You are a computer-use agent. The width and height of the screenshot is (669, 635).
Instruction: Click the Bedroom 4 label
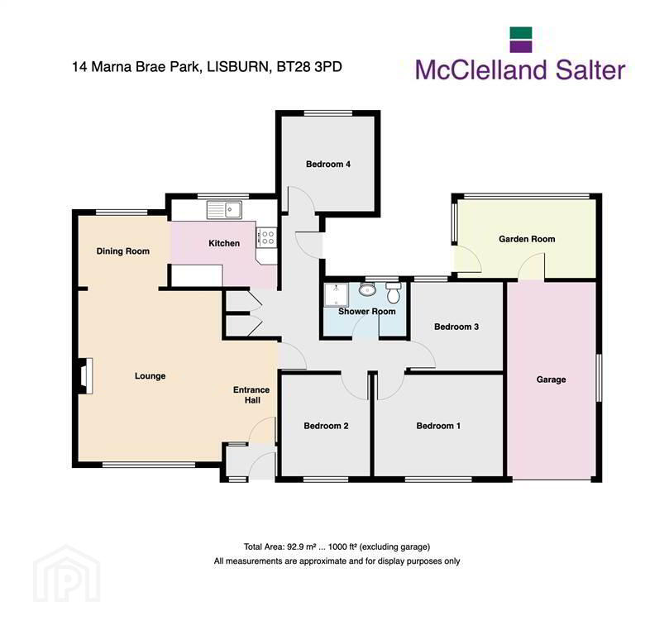[x=328, y=165]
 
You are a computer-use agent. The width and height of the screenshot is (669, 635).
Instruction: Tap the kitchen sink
[x=224, y=210]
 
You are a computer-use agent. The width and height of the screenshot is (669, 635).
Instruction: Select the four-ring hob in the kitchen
[x=266, y=237]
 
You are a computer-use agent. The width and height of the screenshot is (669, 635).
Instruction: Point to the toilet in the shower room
[x=394, y=292]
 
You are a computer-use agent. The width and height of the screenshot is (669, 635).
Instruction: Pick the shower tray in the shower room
[x=337, y=294]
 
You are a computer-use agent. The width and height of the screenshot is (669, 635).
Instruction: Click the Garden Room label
[x=527, y=239]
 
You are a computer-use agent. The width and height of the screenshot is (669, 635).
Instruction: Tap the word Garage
[x=552, y=380]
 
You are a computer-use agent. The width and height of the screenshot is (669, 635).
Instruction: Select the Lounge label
[x=151, y=376]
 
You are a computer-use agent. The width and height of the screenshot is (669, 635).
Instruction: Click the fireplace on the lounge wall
[x=86, y=375]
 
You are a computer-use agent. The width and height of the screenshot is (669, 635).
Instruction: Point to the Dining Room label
[x=123, y=251]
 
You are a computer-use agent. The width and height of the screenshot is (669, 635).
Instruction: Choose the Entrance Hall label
[x=251, y=395]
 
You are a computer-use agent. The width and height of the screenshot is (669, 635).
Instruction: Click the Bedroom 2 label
[x=326, y=426]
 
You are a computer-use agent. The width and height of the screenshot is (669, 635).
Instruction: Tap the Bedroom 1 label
[x=438, y=426]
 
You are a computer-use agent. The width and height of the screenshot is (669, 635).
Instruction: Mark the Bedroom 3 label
[x=456, y=327]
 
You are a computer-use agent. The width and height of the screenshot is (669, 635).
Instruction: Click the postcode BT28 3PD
[x=309, y=67]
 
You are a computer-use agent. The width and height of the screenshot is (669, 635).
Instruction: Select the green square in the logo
[x=521, y=33]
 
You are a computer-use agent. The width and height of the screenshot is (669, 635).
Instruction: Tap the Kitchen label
[x=224, y=243]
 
